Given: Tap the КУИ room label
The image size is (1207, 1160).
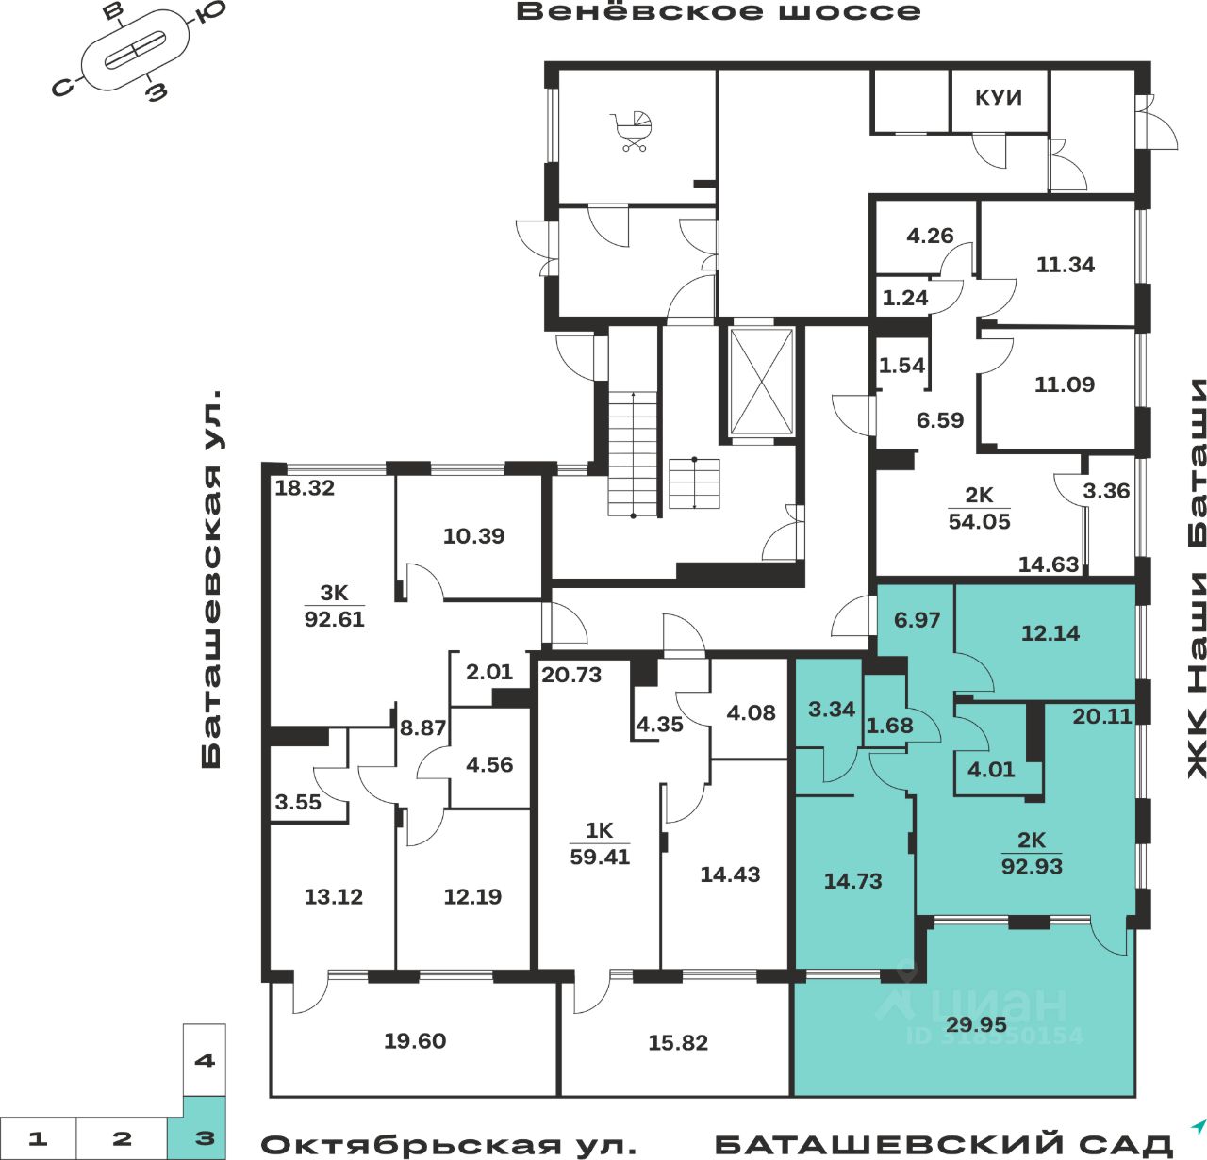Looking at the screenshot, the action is tap(998, 98).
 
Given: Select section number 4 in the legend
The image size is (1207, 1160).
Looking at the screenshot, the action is tap(204, 1060).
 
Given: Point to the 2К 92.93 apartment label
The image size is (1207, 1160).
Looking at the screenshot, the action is tap(1032, 854).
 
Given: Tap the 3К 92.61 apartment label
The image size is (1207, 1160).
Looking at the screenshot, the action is tap(334, 606).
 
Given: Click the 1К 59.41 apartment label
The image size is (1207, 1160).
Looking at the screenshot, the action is tap(600, 843).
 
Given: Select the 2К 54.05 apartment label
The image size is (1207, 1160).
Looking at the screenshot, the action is tap(979, 509).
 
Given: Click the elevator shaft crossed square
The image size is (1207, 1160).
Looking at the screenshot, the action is tap(762, 382).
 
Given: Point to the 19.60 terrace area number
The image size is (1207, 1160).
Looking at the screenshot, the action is tap(415, 1041).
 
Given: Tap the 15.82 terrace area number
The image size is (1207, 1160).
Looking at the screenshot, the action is tap(678, 1042).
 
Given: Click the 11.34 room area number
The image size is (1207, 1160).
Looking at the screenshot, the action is tap(1066, 265).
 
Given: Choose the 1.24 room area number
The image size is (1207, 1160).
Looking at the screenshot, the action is tap(905, 298).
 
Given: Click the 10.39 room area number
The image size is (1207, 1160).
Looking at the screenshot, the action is tap(473, 536).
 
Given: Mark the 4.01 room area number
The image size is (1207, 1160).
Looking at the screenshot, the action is tap(991, 769).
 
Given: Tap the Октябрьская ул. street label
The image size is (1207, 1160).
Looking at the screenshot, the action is tap(448, 1145).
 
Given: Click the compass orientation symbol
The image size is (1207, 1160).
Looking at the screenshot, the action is tap(135, 51).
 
